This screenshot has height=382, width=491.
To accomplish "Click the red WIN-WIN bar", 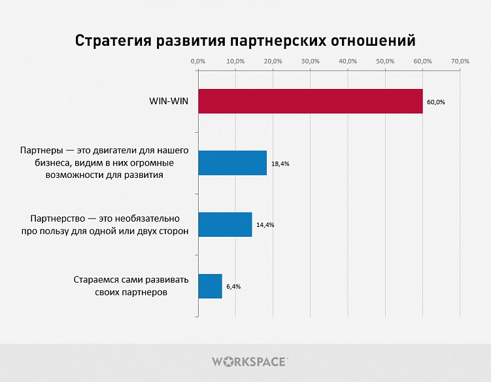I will tap(310, 101).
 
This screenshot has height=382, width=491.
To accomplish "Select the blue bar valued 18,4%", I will tap(232, 163).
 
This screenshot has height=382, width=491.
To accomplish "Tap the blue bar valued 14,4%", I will tap(224, 224).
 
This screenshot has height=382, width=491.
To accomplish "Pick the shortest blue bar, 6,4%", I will tap(210, 286).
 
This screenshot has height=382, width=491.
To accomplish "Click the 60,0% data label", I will tap(436, 102).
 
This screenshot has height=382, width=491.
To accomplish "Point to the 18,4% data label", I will tap(280, 164).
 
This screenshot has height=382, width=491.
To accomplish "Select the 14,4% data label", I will tap(265, 225).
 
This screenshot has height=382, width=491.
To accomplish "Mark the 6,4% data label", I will tap(233, 286).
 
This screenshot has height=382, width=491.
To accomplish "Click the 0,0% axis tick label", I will tap(197, 61).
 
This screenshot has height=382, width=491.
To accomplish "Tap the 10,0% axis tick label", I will tap(235, 61).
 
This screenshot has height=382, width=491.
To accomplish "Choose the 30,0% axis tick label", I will tap(311, 61).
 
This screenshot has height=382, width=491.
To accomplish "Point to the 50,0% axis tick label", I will tap(386, 61).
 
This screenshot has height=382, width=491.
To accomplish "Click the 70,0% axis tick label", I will tap(460, 61).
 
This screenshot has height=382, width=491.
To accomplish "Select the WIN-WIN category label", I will tap(168, 101).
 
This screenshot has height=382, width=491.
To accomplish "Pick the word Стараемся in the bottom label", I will tap(96, 280).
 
